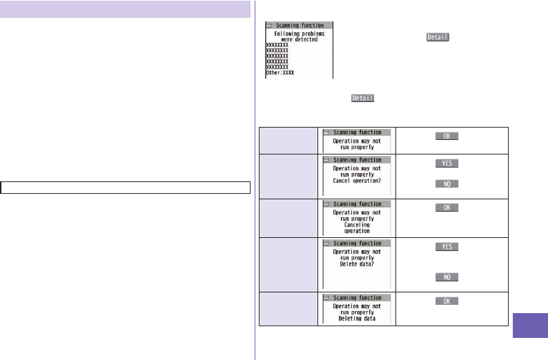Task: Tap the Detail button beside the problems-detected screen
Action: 438,37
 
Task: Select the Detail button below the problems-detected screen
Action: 363,99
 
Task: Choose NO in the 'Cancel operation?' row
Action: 447,183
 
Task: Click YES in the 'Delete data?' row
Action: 447,247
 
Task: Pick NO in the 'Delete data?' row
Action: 447,277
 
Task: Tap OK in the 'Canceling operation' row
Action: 447,208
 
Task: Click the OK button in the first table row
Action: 447,136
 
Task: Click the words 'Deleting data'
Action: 356,319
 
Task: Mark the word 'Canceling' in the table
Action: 356,224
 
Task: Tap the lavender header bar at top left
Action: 125,10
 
